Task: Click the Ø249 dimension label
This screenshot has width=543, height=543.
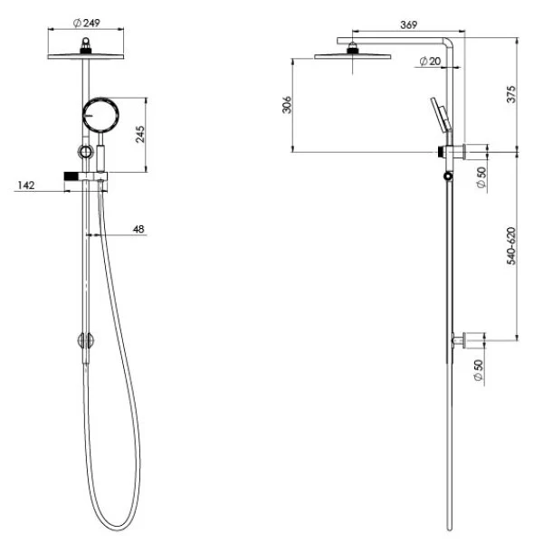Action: tap(87, 24)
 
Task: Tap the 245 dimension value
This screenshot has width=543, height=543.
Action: tap(140, 134)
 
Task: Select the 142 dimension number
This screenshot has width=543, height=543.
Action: tap(26, 186)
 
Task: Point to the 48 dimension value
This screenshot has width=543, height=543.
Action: tap(138, 229)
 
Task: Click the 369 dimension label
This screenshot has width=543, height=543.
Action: tap(409, 25)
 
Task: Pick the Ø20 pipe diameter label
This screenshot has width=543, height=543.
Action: tap(430, 62)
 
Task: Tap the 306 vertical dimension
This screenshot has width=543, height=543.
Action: tap(287, 105)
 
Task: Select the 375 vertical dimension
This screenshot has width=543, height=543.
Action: tap(511, 94)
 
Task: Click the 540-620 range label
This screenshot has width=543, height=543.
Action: tap(511, 246)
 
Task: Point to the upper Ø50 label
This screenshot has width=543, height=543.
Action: tap(481, 177)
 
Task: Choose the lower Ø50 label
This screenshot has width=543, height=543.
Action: tap(478, 370)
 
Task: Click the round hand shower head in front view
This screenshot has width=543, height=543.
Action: tap(100, 115)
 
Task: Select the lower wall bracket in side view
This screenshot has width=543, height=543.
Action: tap(469, 340)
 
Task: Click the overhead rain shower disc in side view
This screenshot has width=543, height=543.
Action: tap(353, 56)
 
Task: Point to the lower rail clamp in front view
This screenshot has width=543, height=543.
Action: tap(85, 340)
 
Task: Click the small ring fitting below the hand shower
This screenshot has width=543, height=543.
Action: tap(86, 152)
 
